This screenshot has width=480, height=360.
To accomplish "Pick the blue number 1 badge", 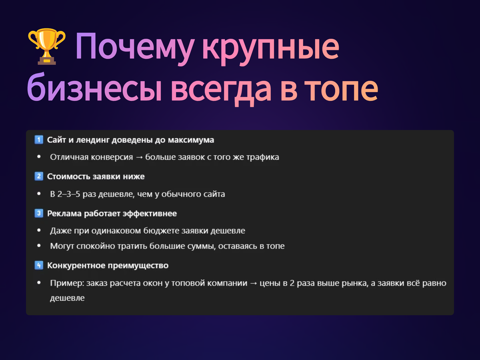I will pos(39,140).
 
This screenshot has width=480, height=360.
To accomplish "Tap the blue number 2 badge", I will pos(39,176).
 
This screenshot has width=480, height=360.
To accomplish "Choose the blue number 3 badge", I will pos(39,213).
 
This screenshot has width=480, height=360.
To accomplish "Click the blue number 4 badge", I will pos(39,265).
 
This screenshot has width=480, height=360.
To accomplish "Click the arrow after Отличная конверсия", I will pos(139,157).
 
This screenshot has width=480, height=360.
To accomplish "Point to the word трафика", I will pos(262,157).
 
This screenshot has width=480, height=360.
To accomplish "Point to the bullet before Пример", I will pos(39,283).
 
